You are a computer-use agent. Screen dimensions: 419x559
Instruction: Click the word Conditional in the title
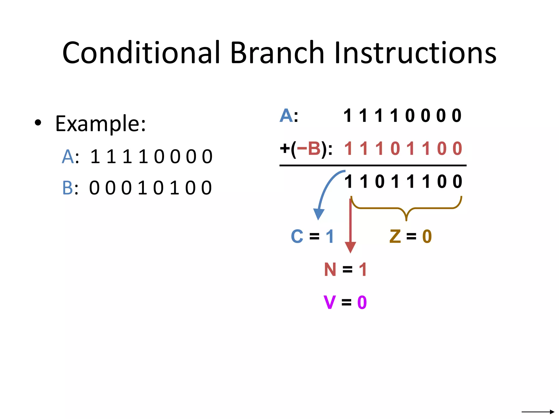(141, 53)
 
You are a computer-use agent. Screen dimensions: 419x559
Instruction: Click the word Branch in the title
(277, 53)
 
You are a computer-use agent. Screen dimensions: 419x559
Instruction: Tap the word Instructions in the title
(415, 53)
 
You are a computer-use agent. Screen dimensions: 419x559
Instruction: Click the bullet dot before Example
(38, 123)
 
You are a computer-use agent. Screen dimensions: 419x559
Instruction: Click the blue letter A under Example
(68, 157)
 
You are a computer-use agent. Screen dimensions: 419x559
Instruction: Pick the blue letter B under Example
(67, 188)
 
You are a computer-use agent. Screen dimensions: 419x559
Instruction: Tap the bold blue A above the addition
(286, 115)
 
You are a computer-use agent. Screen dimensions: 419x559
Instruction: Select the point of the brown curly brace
(406, 219)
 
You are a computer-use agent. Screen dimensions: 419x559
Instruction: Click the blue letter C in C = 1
(297, 236)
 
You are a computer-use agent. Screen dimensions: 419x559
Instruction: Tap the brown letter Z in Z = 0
(395, 236)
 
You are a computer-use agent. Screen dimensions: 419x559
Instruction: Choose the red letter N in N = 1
(330, 270)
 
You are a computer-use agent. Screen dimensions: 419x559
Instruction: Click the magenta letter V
(329, 302)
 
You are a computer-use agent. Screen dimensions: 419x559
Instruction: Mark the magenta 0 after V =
(362, 302)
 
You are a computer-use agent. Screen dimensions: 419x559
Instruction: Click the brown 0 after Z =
(427, 236)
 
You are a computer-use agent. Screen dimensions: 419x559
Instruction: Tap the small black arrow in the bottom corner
(537, 412)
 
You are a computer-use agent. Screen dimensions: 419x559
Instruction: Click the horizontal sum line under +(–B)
(373, 165)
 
